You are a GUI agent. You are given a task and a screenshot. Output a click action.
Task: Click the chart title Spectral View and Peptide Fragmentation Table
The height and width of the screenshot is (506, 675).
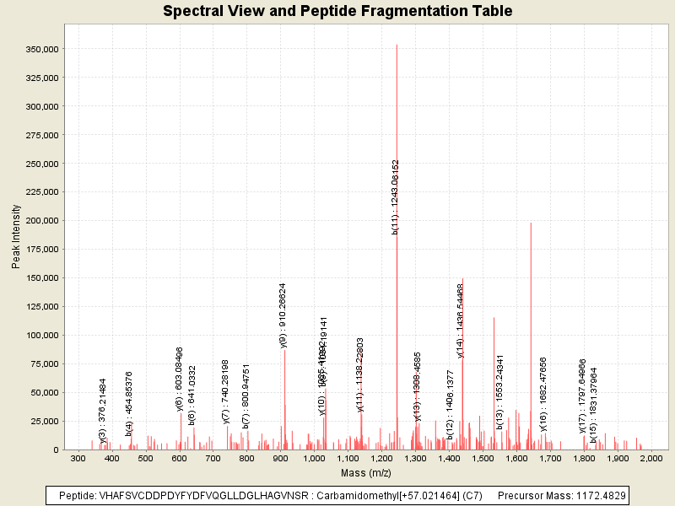(x=337, y=11)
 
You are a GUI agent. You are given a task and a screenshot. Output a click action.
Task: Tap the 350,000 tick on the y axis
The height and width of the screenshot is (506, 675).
(x=40, y=49)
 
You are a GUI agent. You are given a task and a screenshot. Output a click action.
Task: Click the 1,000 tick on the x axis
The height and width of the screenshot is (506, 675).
(x=314, y=458)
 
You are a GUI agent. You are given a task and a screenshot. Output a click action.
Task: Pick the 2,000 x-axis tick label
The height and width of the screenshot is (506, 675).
(x=651, y=458)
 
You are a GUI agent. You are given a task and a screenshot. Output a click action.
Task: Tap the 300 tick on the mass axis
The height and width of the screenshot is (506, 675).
(x=78, y=458)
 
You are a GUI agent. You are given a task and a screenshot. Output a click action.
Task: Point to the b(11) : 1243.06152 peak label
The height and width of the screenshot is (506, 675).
(x=396, y=196)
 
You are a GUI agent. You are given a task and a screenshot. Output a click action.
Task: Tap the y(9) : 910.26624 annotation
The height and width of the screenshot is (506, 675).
(x=283, y=315)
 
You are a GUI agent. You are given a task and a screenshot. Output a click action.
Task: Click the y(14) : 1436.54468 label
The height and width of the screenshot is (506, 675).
(x=460, y=320)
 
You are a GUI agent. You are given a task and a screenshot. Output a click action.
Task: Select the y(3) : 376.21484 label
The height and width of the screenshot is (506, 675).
(x=103, y=410)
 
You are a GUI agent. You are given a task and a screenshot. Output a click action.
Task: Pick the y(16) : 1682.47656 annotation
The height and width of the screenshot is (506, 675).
(x=543, y=400)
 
